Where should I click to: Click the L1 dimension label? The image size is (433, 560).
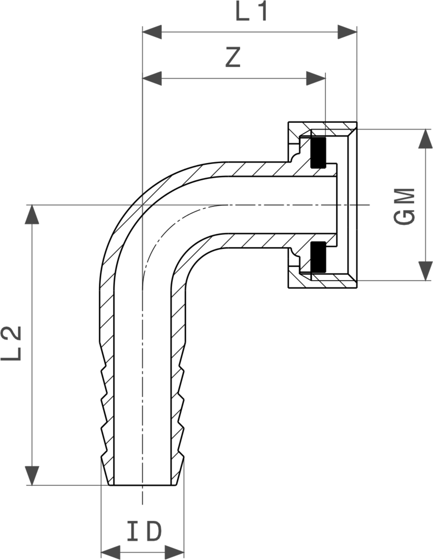point(251,12)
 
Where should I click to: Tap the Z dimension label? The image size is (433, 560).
point(233,57)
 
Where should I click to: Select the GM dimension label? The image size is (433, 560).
point(404,206)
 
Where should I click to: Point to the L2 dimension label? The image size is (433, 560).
point(11,343)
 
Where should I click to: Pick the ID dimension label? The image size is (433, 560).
point(144,531)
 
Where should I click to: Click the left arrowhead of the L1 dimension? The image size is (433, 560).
point(152,32)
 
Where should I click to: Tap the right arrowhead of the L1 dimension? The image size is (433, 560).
point(347,32)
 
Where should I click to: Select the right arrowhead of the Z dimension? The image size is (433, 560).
point(316,78)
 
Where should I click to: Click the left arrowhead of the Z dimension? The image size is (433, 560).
point(152,78)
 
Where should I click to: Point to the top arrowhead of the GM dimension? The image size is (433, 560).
point(425,139)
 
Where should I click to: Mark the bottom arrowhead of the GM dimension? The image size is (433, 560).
point(425,271)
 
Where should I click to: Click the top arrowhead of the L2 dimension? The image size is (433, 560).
point(32,214)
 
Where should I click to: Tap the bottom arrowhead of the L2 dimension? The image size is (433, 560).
point(32,476)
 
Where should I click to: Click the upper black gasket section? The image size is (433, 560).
point(318,152)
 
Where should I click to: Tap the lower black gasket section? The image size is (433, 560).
point(318,257)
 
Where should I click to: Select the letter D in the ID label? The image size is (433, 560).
point(154,531)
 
